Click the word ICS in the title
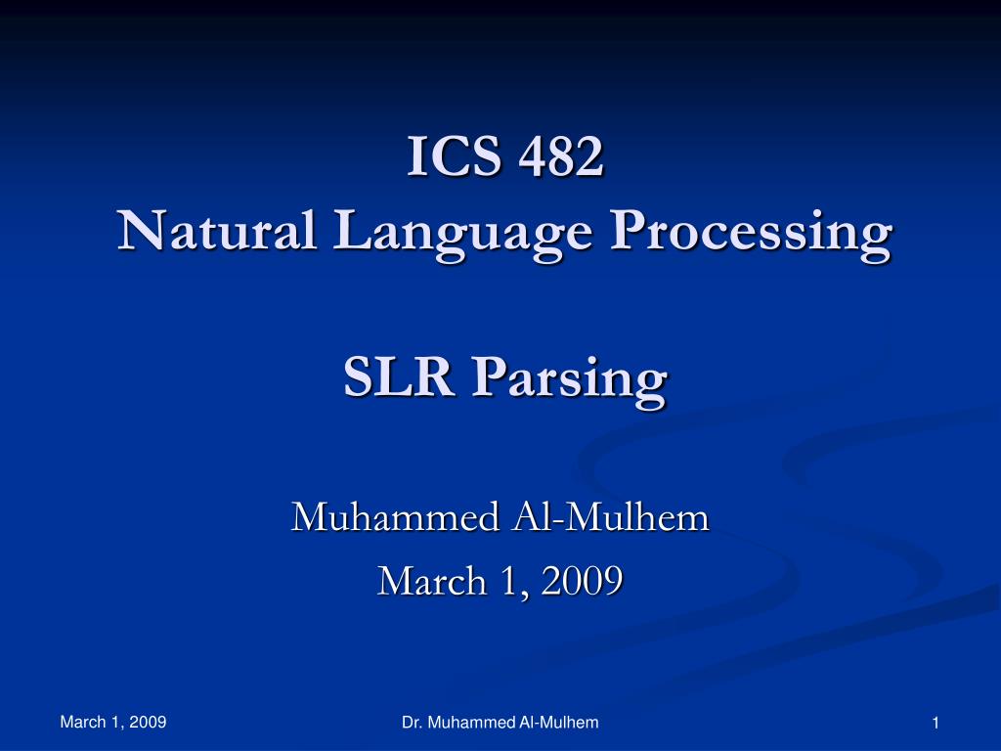[454, 155]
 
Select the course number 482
[560, 155]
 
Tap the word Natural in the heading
[217, 230]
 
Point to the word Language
[462, 235]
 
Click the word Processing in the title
[751, 235]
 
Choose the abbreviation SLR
[399, 376]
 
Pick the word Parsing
[570, 381]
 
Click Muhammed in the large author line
[395, 516]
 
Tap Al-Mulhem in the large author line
[610, 516]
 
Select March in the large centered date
[432, 581]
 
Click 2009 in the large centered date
[582, 581]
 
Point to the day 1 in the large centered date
[510, 581]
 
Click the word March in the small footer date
[82, 723]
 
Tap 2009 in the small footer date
[148, 723]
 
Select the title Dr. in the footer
[412, 723]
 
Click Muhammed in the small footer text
[471, 723]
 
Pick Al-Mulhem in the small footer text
[558, 723]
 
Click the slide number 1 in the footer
[936, 723]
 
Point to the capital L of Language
[353, 230]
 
